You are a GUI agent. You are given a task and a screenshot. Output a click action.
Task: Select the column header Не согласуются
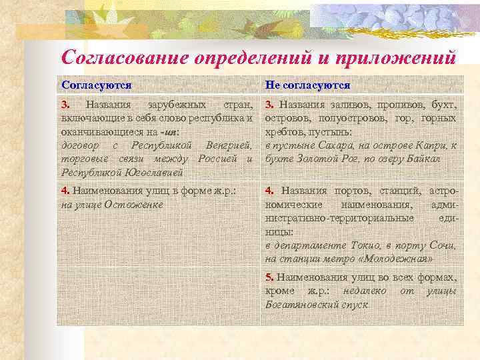pyautogui.click(x=307, y=85)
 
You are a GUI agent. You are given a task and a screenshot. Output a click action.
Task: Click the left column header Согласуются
pyautogui.click(x=96, y=85)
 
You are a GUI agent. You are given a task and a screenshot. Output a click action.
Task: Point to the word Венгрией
pyautogui.click(x=230, y=145)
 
